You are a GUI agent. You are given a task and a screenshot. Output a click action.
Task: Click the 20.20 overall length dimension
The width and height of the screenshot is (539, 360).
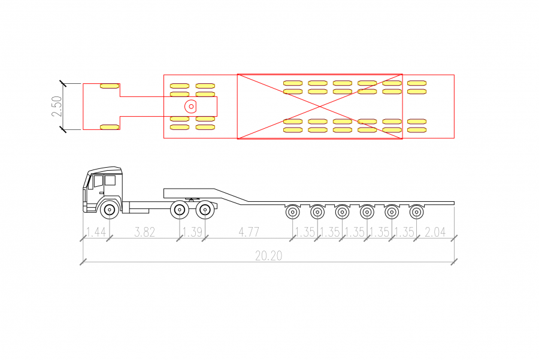click(268, 256)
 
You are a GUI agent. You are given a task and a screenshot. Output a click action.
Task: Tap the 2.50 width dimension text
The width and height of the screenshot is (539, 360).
click(57, 106)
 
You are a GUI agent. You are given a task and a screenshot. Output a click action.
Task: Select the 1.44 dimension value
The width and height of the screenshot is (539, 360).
click(96, 232)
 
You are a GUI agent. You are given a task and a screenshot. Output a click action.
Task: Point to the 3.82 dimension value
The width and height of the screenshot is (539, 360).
click(144, 232)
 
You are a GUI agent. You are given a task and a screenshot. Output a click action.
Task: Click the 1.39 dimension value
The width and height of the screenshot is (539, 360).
click(192, 232)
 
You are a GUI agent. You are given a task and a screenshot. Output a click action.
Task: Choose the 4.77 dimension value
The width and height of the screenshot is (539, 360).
click(249, 232)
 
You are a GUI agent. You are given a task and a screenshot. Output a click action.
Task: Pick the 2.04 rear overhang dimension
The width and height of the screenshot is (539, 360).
click(435, 232)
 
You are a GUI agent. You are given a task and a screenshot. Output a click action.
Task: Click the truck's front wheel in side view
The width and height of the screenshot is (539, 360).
click(110, 210)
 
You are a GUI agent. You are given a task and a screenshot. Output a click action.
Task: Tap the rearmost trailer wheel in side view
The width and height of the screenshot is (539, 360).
click(416, 212)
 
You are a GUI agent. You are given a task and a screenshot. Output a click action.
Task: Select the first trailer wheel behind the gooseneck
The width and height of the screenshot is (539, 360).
click(292, 212)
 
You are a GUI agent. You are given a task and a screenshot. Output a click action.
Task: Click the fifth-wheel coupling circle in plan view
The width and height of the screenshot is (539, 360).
click(190, 107)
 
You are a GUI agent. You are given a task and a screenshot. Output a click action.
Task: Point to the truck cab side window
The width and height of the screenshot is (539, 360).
click(110, 180)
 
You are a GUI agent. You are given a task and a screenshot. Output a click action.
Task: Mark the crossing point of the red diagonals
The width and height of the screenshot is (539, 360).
click(320, 107)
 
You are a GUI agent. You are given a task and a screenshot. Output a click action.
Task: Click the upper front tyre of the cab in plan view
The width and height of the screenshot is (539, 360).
click(110, 86)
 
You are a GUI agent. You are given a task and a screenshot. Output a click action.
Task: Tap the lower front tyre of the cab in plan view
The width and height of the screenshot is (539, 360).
click(110, 127)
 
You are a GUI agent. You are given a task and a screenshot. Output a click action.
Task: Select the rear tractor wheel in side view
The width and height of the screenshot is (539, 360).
click(205, 210)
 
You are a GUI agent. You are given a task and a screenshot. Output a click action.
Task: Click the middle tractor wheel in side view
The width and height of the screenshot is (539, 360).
click(180, 210)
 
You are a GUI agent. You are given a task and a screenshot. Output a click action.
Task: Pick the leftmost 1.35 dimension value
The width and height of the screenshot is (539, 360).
click(305, 232)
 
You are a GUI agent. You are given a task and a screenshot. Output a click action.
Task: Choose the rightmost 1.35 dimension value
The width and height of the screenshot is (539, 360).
click(404, 232)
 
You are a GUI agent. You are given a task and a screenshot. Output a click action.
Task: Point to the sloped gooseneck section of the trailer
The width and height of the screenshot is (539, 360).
click(231, 196)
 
